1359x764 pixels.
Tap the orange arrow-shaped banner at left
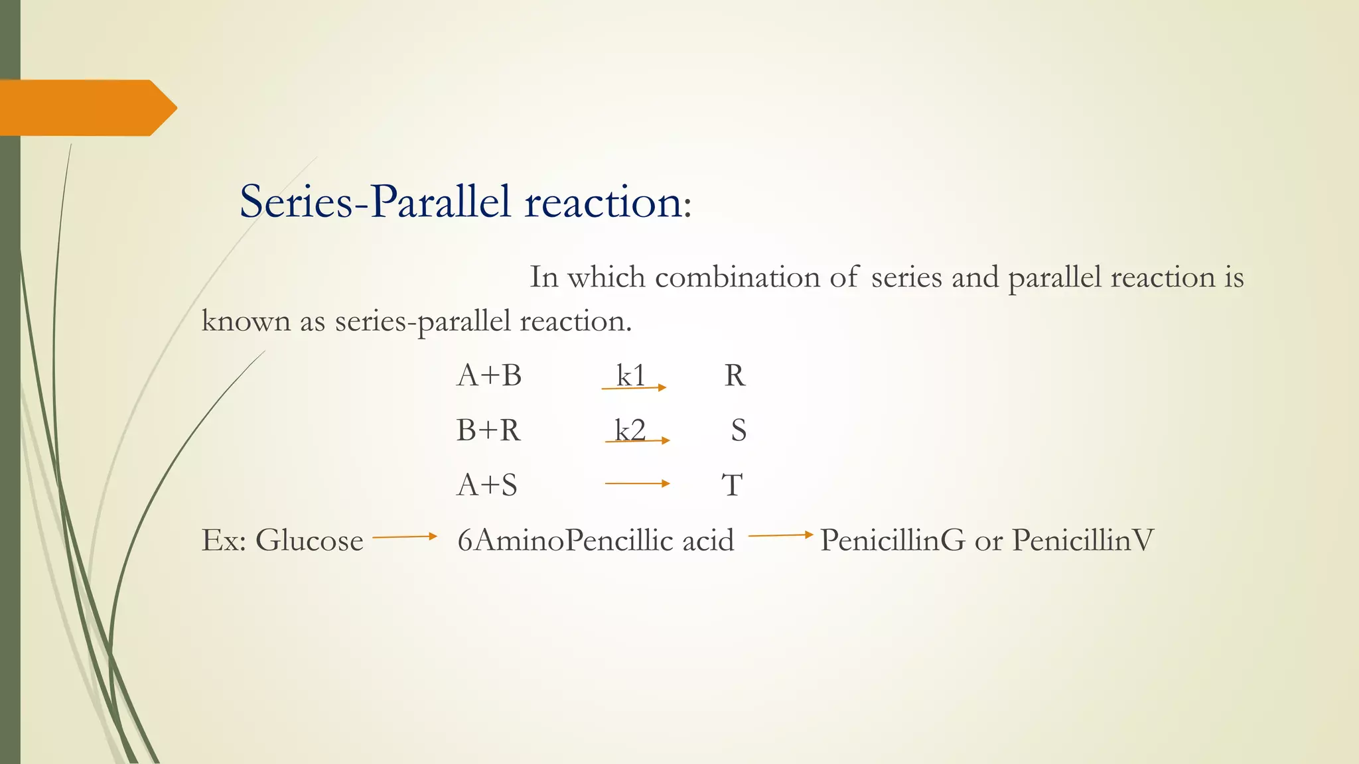click(86, 107)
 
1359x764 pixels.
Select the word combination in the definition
click(737, 277)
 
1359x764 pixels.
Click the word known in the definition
click(246, 322)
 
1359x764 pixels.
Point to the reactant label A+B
click(489, 376)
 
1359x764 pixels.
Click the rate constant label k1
click(630, 376)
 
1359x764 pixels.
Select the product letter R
click(735, 376)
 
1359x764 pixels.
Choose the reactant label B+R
click(488, 431)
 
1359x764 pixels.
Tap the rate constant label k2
click(630, 430)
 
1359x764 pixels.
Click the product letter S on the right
click(739, 431)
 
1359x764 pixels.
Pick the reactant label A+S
click(487, 485)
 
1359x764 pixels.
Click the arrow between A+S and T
click(637, 483)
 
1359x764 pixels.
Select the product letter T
click(732, 485)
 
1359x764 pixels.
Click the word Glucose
click(309, 541)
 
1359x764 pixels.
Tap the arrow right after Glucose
click(405, 537)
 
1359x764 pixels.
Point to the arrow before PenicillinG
click(780, 535)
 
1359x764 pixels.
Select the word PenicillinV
click(1083, 541)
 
